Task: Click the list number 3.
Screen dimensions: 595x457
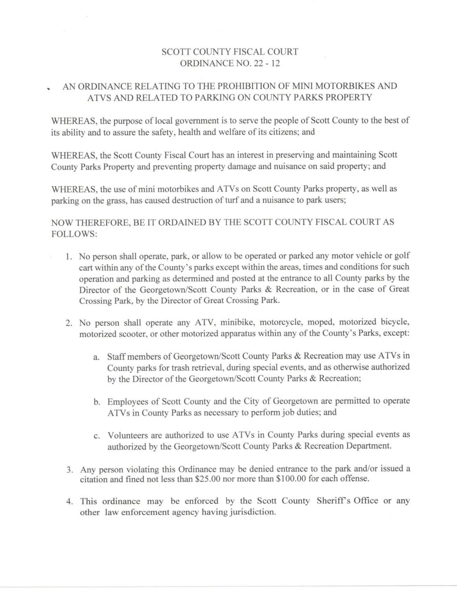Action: click(70, 470)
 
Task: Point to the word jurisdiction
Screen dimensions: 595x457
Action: click(249, 512)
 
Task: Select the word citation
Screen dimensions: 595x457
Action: click(94, 479)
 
